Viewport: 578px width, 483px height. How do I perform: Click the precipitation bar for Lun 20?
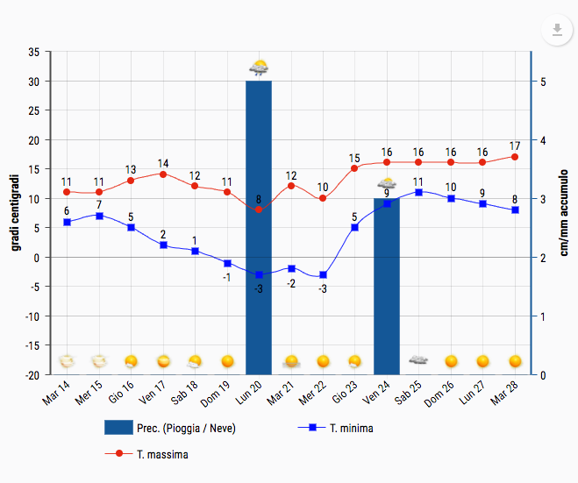pyautogui.click(x=259, y=228)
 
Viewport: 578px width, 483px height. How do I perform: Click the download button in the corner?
pyautogui.click(x=556, y=32)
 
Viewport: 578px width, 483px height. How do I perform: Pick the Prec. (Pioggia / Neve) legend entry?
pyautogui.click(x=170, y=429)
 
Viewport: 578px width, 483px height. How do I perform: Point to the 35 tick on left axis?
pyautogui.click(x=33, y=53)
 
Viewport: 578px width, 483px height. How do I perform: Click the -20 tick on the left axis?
pyautogui.click(x=31, y=374)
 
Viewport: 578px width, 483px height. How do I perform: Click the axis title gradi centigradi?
pyautogui.click(x=15, y=213)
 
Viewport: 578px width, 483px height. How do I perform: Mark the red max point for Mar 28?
pyautogui.click(x=515, y=157)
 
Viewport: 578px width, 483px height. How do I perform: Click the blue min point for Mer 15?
pyautogui.click(x=99, y=216)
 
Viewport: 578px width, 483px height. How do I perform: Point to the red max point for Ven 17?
pyautogui.click(x=163, y=174)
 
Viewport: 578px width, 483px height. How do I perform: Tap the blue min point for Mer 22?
pyautogui.click(x=323, y=274)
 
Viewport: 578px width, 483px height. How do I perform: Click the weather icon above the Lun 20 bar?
pyautogui.click(x=259, y=67)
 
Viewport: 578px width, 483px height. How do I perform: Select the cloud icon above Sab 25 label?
pyautogui.click(x=418, y=360)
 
